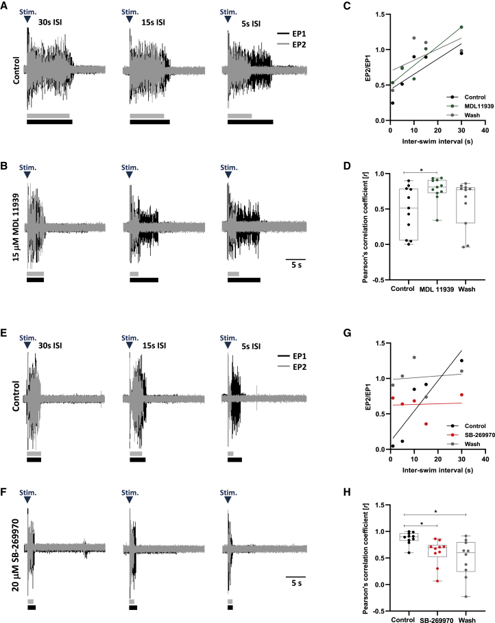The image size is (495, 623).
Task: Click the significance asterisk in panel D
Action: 421,169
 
